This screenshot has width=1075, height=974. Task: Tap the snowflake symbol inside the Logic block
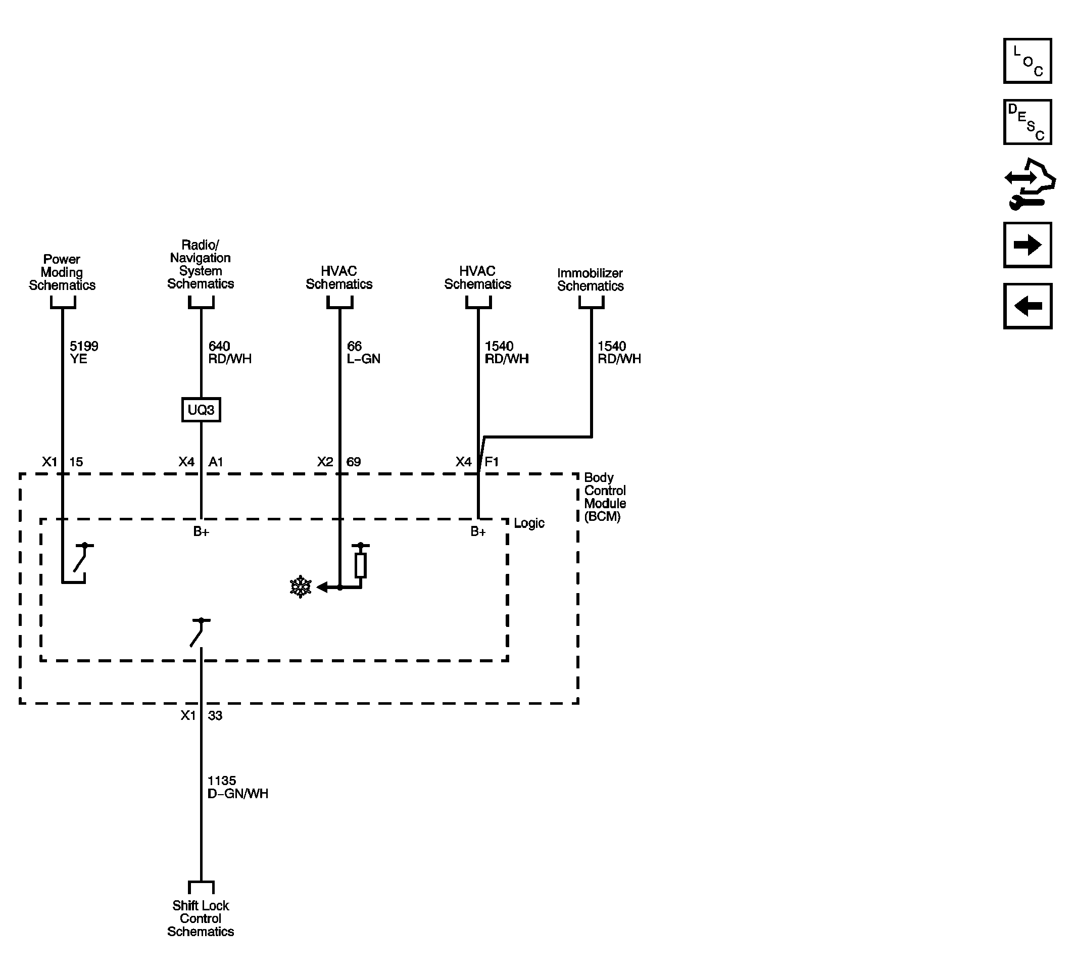click(301, 587)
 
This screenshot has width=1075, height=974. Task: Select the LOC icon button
click(1027, 61)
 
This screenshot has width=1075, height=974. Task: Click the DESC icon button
click(1027, 122)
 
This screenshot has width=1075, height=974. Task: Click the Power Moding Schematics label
click(62, 272)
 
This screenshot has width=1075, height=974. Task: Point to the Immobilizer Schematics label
click(590, 279)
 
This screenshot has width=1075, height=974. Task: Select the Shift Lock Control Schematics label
click(201, 918)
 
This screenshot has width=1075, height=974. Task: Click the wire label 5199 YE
click(84, 353)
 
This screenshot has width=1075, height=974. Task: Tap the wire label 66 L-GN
click(363, 353)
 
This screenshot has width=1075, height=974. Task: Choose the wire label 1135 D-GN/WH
click(237, 787)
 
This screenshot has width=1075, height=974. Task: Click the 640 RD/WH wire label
click(229, 353)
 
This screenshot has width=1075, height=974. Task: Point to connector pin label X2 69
click(339, 462)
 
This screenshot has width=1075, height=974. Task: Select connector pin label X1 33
click(201, 715)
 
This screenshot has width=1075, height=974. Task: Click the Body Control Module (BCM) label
click(605, 497)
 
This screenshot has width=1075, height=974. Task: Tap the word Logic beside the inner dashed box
click(529, 523)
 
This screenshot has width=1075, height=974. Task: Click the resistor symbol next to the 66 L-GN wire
click(361, 566)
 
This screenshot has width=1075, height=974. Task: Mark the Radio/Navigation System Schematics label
click(201, 264)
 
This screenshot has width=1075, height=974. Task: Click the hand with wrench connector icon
click(1029, 184)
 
